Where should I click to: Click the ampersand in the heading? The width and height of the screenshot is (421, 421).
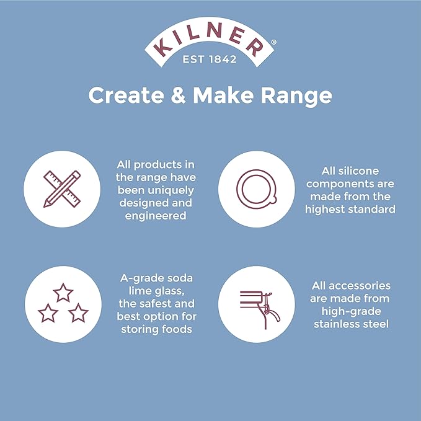click(179, 95)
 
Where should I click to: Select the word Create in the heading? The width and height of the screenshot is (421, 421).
click(126, 95)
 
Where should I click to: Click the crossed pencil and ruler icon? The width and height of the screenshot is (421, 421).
click(62, 189)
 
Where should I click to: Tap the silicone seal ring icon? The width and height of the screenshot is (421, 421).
click(257, 189)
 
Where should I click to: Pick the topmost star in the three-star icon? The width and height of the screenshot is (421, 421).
click(63, 293)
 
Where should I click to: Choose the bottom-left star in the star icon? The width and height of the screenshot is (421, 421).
click(48, 313)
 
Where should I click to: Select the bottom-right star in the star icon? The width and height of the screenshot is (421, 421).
click(78, 313)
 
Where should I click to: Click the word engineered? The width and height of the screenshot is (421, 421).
click(156, 216)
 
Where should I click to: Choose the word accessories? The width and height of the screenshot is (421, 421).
click(360, 286)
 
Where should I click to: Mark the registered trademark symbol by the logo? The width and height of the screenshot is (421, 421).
click(273, 42)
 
